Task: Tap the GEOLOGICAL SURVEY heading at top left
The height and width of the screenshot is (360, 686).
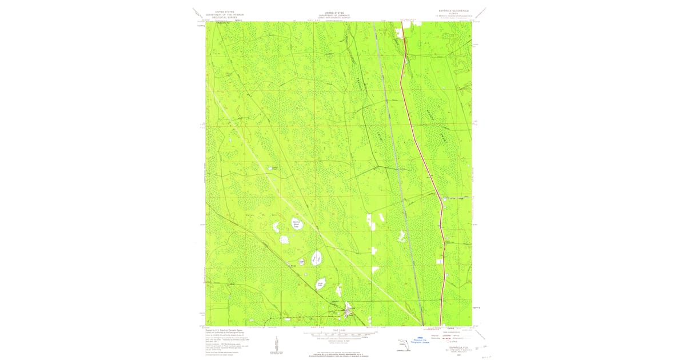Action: click(x=224, y=18)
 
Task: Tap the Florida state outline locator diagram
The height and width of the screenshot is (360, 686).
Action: click(x=404, y=345)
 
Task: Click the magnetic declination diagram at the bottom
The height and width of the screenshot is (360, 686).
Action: click(x=276, y=343)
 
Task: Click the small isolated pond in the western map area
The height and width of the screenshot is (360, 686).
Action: click(x=273, y=169)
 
